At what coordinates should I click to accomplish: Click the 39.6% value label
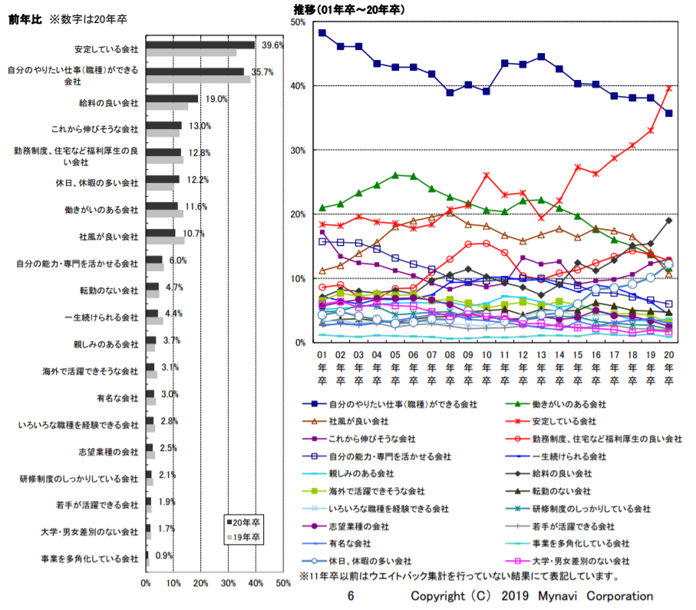pos(272,45)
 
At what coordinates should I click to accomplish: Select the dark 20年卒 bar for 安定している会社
pos(200,45)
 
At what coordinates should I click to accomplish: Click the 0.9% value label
pos(164,555)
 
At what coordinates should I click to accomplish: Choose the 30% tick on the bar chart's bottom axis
pos(228,584)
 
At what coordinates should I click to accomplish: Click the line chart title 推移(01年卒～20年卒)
pos(349,9)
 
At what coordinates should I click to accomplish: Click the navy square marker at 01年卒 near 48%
pos(322,33)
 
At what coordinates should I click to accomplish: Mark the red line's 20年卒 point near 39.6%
pos(668,88)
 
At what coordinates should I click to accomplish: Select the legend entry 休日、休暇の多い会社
pos(370,561)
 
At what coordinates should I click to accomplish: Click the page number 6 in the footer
pos(351,596)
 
